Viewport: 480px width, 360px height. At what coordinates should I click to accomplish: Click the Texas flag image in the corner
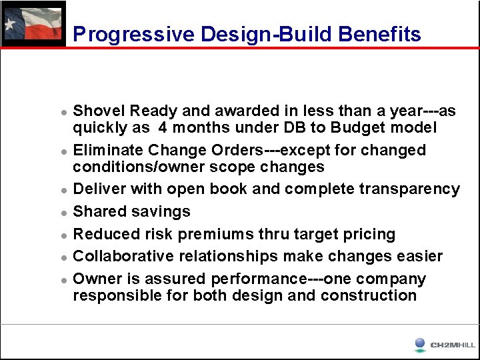click(33, 24)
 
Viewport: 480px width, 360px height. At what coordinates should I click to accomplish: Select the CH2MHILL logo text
click(453, 345)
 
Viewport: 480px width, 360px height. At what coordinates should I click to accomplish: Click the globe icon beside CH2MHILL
click(420, 344)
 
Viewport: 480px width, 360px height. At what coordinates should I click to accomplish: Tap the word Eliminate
click(109, 150)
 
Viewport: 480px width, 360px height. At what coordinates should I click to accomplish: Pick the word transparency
click(409, 189)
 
